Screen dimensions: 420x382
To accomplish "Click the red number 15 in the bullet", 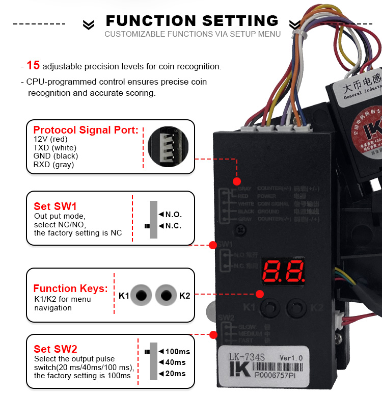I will [33, 65].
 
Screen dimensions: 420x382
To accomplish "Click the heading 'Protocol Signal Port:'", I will [86, 130].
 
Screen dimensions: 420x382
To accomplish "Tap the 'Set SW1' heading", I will [55, 206].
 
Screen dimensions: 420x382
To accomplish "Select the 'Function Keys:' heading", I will [70, 289].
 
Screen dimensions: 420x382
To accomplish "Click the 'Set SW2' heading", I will [56, 349].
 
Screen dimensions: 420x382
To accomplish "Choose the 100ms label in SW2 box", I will [177, 352].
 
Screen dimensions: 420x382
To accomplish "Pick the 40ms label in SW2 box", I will [175, 362].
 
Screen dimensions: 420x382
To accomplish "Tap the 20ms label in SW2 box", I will [175, 374].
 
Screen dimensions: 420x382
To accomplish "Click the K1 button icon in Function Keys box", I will [142, 296].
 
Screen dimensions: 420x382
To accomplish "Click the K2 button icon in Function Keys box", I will [166, 296].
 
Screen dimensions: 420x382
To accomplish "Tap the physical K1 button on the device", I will [269, 307].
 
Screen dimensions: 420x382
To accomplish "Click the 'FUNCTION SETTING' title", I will [192, 21].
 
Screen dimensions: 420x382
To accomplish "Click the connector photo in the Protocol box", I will [167, 146].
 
